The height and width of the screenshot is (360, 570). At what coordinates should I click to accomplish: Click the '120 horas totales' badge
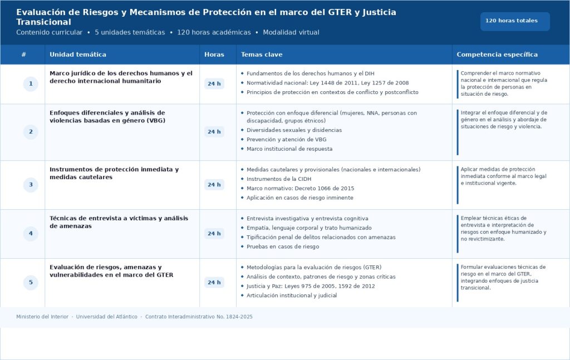[x=514, y=21]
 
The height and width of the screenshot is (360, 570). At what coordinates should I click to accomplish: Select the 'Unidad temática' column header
[x=78, y=55]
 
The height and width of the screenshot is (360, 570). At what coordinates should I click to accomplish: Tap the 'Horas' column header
[x=214, y=55]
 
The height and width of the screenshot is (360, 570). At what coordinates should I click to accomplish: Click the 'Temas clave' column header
[x=262, y=55]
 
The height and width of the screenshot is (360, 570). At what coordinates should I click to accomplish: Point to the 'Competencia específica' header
[x=497, y=55]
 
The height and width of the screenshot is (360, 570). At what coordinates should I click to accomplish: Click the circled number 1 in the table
[x=31, y=84]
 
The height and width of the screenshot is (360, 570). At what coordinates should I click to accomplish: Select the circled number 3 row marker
[x=31, y=185]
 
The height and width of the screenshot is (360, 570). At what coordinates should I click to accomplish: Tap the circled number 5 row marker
[x=31, y=283]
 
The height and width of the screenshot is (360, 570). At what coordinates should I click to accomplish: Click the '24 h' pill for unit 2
[x=214, y=132]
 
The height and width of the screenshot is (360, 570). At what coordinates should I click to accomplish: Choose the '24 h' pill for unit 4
[x=214, y=234]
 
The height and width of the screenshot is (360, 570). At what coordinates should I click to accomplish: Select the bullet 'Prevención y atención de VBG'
[x=286, y=140]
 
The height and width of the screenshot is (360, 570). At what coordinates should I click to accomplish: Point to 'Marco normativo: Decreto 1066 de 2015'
[x=300, y=189]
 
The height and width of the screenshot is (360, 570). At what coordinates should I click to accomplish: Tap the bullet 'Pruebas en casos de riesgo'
[x=283, y=246]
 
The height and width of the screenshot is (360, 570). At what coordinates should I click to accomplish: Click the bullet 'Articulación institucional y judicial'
[x=292, y=295]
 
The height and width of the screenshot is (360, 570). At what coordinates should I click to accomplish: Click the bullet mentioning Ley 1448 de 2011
[x=327, y=83]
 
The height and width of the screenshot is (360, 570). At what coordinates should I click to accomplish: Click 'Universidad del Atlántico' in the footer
[x=107, y=317]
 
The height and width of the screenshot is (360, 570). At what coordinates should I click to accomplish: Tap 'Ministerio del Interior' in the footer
[x=42, y=317]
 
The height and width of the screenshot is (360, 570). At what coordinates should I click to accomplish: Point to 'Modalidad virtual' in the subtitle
[x=291, y=32]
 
